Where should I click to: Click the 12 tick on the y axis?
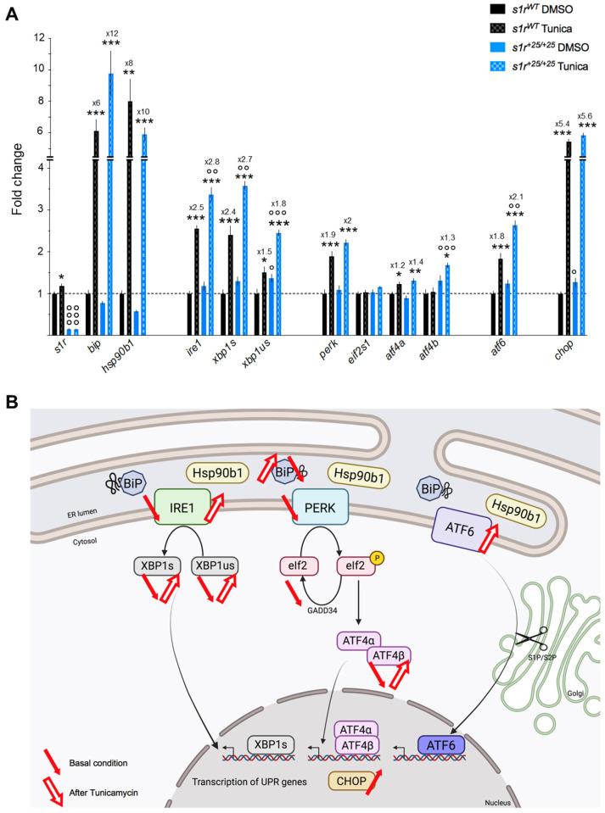[37, 38]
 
